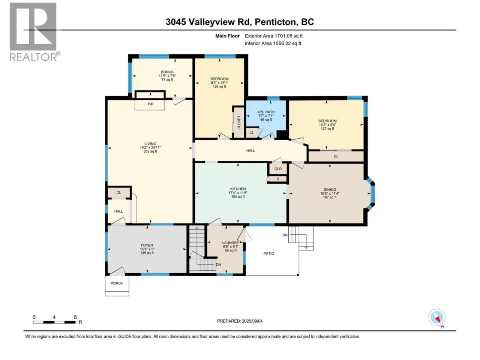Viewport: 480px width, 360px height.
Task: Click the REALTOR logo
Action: coord(34,32)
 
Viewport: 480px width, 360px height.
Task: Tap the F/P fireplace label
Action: coord(150,104)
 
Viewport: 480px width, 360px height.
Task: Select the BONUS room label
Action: coord(167,72)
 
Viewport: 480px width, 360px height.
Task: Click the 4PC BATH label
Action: coord(266,112)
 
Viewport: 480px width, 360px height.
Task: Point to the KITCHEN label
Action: coord(238,189)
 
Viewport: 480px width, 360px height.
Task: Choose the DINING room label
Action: coord(330,189)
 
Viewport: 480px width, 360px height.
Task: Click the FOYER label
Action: coord(147,245)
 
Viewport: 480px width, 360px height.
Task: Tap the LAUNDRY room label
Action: coord(231,243)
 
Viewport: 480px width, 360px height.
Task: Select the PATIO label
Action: coord(269,253)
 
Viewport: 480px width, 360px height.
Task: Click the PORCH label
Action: coord(117,283)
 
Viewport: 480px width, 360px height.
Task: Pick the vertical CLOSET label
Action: coord(239,122)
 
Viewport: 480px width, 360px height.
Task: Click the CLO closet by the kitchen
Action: coord(278,169)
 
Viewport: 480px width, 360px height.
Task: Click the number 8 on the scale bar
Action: coord(75,317)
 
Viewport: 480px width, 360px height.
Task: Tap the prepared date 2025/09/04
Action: coord(252,321)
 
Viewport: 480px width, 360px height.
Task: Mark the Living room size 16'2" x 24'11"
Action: coord(150,147)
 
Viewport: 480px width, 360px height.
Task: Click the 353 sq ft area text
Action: coord(150,151)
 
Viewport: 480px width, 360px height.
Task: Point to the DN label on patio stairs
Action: coord(285,235)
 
